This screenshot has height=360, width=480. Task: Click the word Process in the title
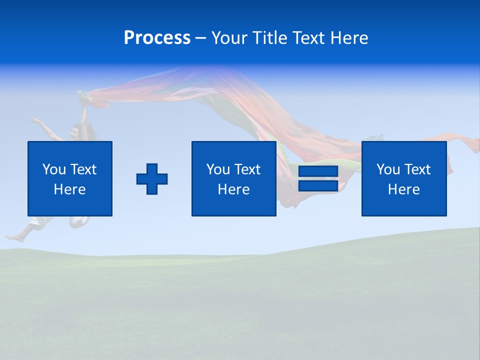coord(157,37)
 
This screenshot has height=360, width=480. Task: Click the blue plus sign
coord(152,178)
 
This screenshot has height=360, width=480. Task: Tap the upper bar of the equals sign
coord(318,171)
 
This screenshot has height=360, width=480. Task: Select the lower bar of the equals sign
coord(318,185)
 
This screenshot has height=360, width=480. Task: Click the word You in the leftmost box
coord(54,169)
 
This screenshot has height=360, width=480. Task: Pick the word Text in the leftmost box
coord(82,169)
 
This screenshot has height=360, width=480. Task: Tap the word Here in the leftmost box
coord(69,189)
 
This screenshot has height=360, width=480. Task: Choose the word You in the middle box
coord(218,169)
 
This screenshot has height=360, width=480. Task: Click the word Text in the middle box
coord(246,169)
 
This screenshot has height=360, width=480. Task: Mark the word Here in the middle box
coord(233,189)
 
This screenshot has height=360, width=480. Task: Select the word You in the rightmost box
coord(388,169)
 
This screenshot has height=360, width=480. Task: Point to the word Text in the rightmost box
coord(416,169)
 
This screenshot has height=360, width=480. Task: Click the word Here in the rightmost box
coord(403,189)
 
